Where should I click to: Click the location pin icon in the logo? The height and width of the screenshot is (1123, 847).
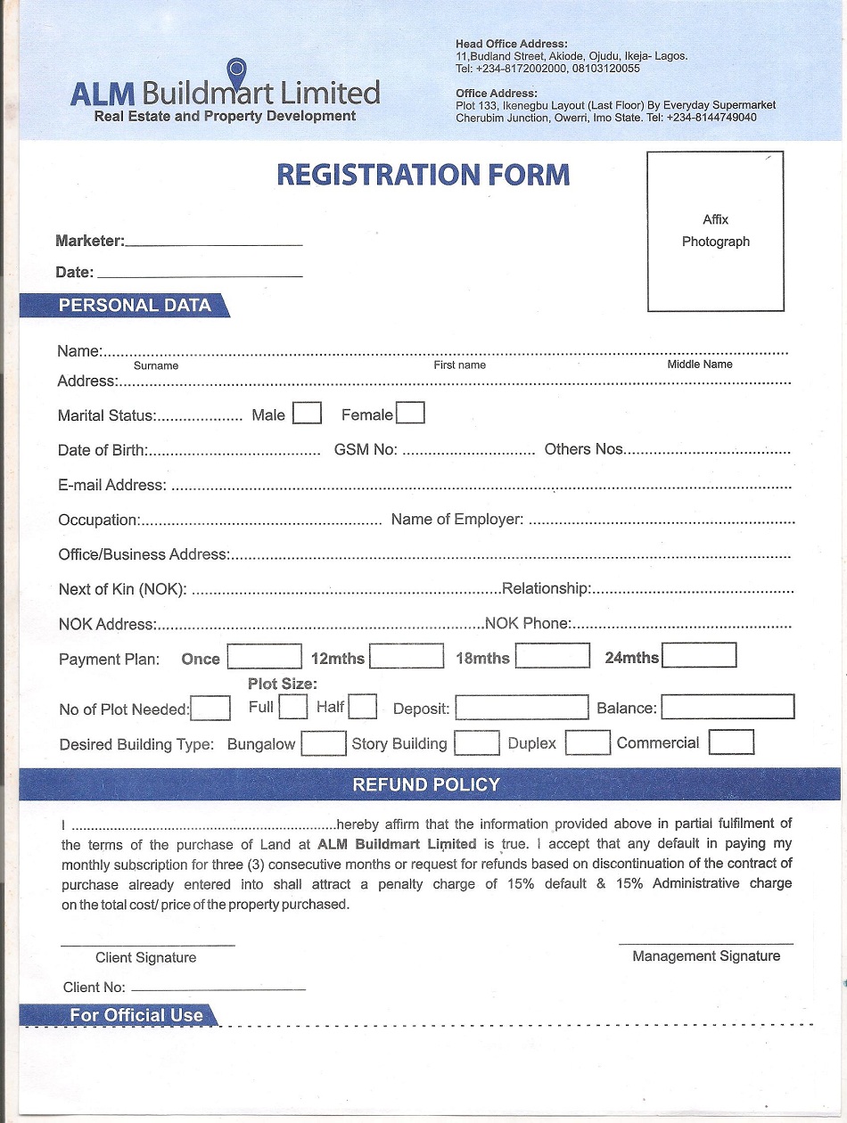click(236, 69)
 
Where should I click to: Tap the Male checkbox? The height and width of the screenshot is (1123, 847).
click(307, 414)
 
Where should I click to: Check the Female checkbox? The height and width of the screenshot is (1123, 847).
click(410, 414)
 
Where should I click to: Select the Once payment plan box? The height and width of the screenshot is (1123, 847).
click(265, 657)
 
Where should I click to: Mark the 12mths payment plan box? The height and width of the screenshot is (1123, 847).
click(407, 657)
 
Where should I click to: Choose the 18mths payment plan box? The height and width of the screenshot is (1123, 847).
click(553, 657)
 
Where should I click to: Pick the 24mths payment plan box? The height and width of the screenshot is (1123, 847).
click(699, 656)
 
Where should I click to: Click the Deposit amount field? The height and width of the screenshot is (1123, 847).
click(522, 708)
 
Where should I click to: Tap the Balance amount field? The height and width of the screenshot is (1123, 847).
click(728, 708)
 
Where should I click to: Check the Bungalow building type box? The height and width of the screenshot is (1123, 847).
click(323, 743)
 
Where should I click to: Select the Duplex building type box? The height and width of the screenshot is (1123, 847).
click(588, 742)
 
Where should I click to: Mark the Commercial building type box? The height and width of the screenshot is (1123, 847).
click(731, 742)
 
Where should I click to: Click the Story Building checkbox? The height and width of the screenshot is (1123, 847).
click(476, 743)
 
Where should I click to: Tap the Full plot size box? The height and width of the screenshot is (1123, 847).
click(292, 708)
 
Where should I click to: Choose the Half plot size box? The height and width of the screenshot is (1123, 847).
click(362, 708)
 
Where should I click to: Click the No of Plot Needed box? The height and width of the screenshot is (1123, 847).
click(211, 709)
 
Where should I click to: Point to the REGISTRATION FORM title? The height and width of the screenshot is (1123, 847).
click(423, 174)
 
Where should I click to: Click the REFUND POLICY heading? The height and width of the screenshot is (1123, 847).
click(426, 785)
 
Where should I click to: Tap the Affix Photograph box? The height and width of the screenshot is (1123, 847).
click(715, 231)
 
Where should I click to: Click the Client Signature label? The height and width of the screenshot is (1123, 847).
click(145, 958)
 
